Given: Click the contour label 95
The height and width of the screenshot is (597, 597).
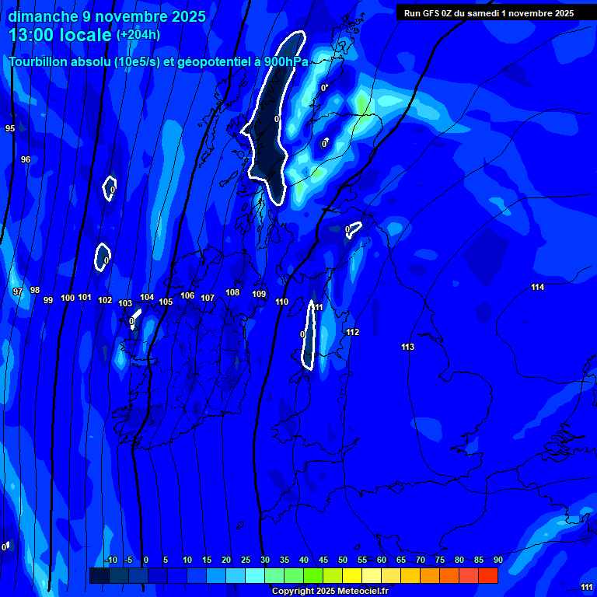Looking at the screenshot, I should (x=9, y=128).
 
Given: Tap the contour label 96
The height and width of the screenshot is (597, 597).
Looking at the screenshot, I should (x=26, y=159).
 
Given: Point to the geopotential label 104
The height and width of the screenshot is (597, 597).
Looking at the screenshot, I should (x=147, y=297).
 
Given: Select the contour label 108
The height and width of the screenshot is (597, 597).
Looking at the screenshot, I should (x=232, y=292).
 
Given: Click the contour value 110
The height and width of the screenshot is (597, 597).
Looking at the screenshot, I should (x=281, y=302).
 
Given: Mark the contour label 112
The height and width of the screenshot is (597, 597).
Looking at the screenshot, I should (x=352, y=332).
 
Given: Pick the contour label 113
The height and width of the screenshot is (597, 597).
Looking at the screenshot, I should (x=407, y=347).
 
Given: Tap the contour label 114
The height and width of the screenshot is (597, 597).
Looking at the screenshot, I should (x=537, y=288).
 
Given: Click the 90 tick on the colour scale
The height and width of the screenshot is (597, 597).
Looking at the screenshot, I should (x=497, y=560).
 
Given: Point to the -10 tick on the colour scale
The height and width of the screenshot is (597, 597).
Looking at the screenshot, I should (x=111, y=560).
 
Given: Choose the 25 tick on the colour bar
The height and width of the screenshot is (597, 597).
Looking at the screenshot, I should (x=246, y=560).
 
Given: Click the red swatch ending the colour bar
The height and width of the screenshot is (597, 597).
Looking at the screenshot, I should (x=488, y=575).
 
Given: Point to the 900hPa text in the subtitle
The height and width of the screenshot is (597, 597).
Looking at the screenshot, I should (x=286, y=62).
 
